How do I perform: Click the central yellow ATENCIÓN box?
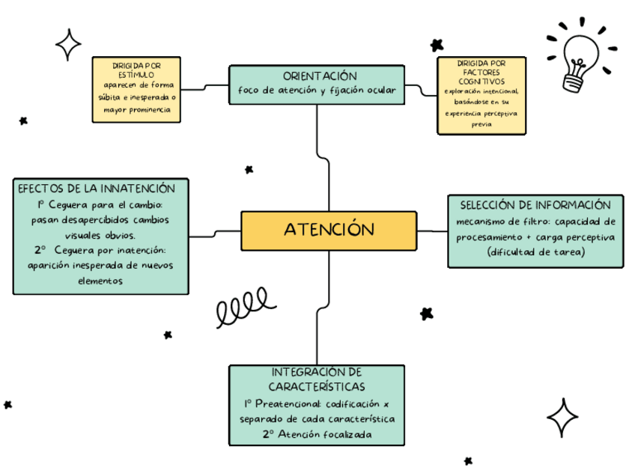coord(329,231)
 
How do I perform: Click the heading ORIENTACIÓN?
coord(319,76)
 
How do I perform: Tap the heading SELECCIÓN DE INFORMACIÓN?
coord(535,205)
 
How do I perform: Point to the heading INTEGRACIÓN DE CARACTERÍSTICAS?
coord(317,379)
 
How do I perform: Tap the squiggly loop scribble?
coord(242,305)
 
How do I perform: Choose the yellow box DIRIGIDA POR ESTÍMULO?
coord(136,90)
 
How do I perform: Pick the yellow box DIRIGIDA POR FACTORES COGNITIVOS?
coord(481,95)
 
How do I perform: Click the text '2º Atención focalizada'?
coord(317,433)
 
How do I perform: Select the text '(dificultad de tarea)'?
coord(535,251)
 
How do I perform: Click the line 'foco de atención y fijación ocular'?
coord(317,91)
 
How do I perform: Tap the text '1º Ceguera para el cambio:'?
coord(100,205)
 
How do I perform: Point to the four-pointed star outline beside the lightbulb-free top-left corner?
coord(69,44)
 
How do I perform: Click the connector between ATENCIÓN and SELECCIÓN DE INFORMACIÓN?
coord(432,231)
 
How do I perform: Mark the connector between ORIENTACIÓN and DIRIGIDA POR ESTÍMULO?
coord(205,87)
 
